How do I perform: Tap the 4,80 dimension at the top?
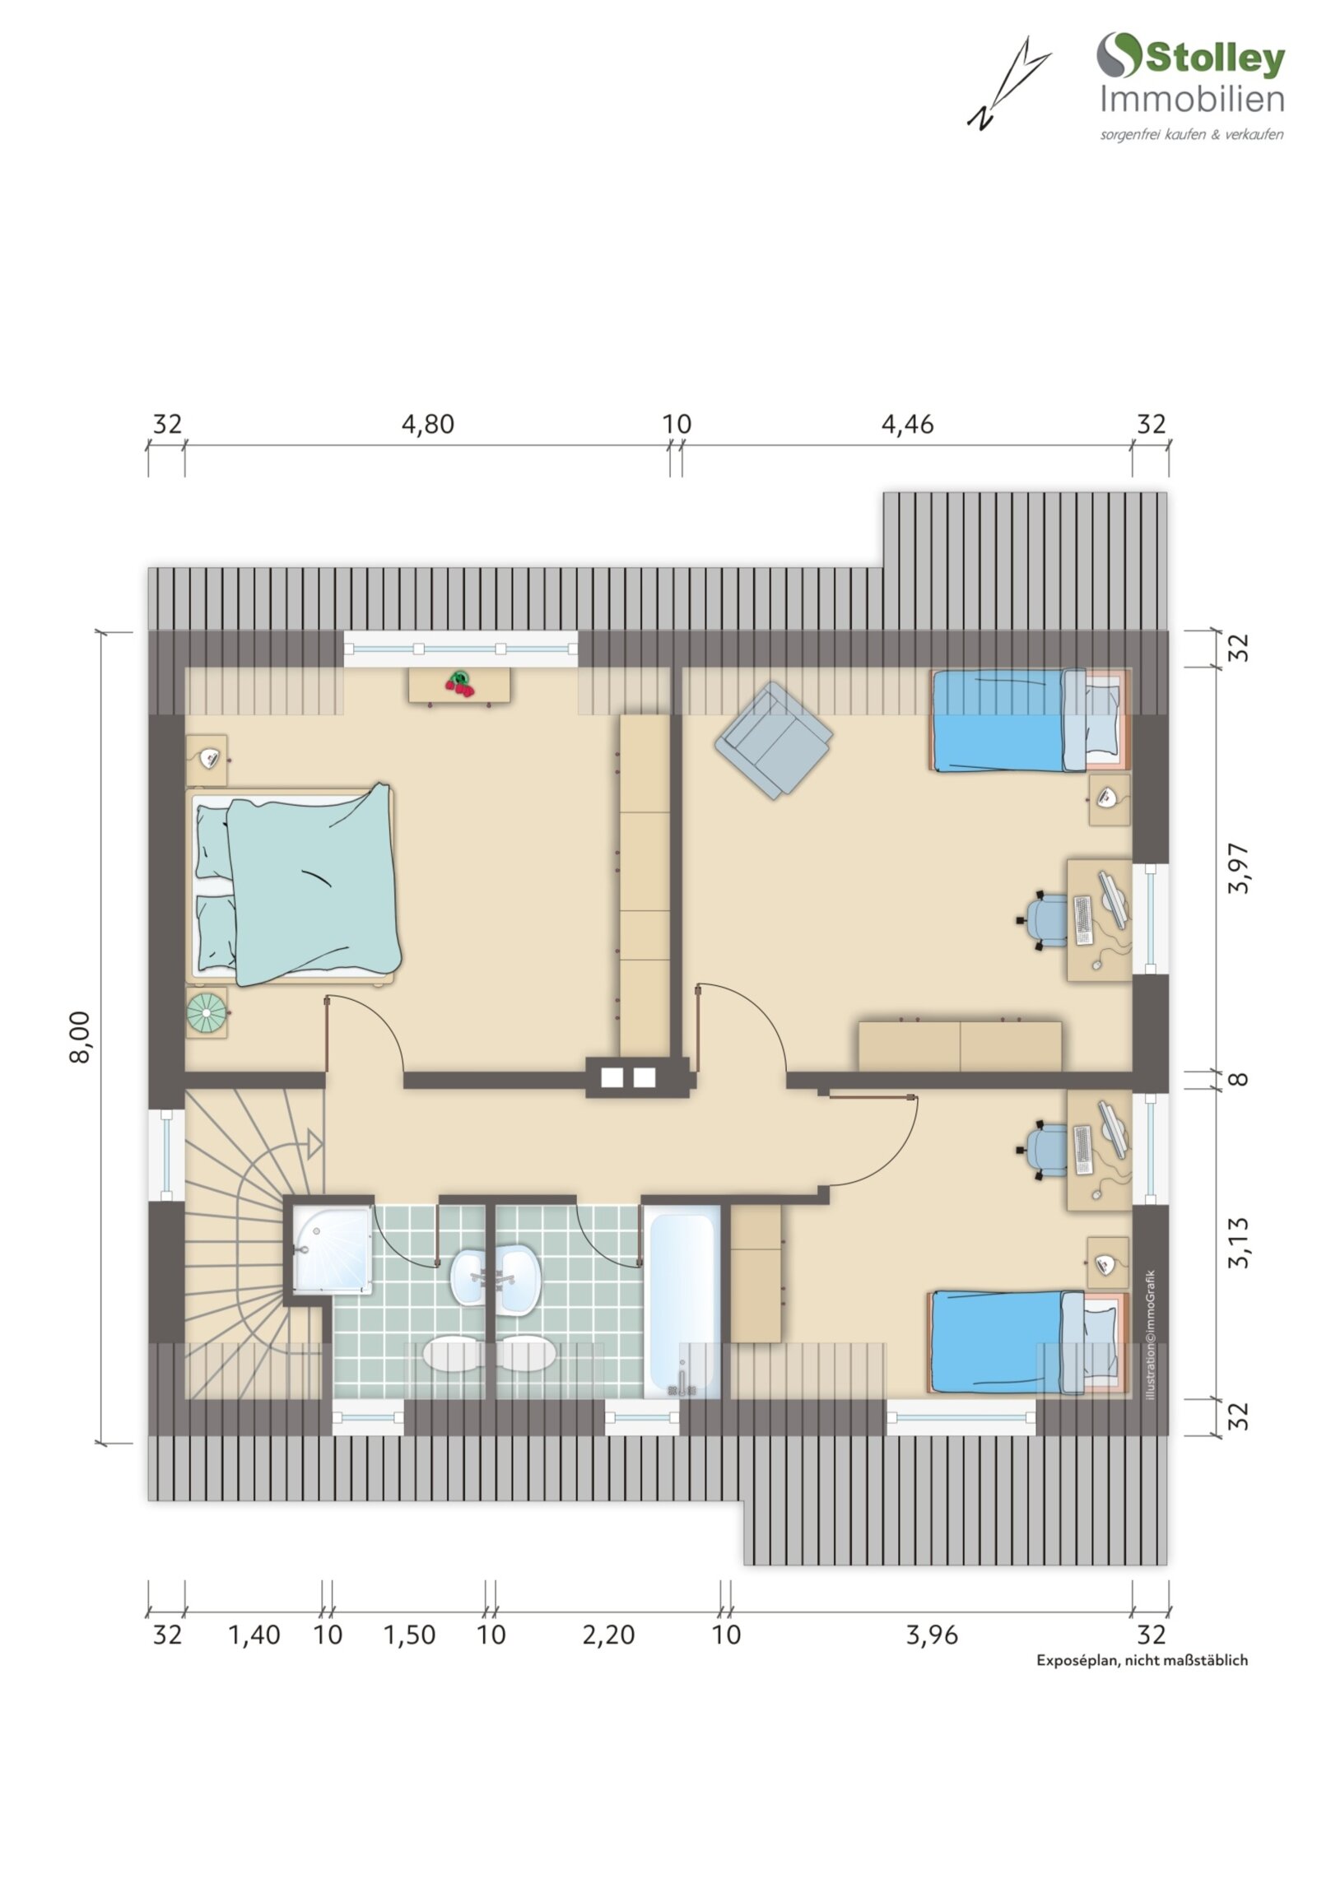coord(427,424)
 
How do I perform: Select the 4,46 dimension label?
coord(907,424)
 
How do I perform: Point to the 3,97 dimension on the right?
coord(1239,868)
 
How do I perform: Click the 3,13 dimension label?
coord(1239,1243)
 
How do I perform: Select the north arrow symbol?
coord(1007,83)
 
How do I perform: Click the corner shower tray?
coord(332,1251)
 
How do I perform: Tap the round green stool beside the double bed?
coord(205,1011)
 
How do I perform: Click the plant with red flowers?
coord(459,683)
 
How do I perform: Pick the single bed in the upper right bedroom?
coord(1029,720)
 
